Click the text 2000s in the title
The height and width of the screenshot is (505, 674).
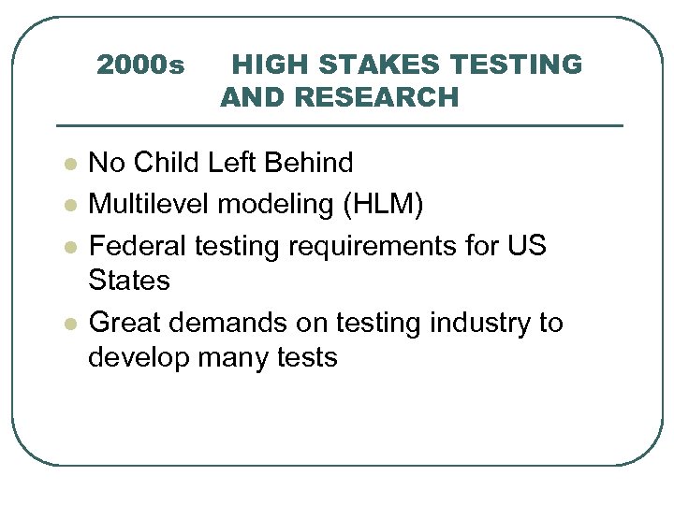(x=140, y=65)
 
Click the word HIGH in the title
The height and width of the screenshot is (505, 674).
(x=261, y=65)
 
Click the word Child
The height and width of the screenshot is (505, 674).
(x=166, y=164)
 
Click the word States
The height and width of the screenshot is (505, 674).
(x=129, y=280)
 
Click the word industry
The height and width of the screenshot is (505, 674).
(x=478, y=323)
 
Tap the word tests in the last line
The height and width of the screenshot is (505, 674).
(x=306, y=358)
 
